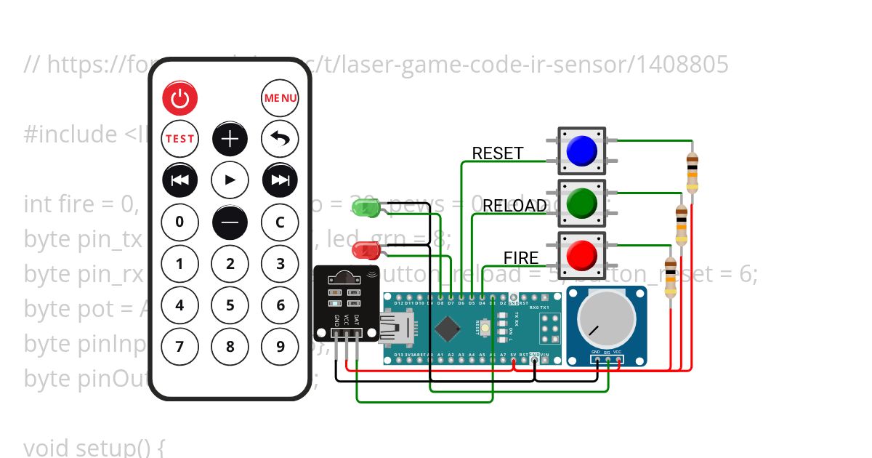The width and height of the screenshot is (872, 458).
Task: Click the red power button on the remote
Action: [x=180, y=98]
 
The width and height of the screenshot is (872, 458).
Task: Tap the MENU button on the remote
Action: [x=280, y=98]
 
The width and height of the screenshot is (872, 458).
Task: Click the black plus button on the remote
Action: [x=230, y=138]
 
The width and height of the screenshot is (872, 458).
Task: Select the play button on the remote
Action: [x=230, y=180]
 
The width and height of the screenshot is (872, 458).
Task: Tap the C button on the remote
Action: [x=280, y=222]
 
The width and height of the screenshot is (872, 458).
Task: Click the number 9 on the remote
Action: [x=280, y=346]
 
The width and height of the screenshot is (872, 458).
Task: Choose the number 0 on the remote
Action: [x=180, y=222]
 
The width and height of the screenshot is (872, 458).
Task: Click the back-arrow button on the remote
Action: [x=280, y=138]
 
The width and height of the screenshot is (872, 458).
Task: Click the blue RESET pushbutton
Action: [x=581, y=150]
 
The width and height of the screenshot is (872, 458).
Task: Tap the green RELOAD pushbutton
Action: [x=581, y=203]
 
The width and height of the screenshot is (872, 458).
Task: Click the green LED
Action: [x=364, y=208]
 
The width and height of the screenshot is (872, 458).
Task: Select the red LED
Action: [x=364, y=251]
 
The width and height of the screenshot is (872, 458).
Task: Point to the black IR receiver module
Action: [x=346, y=302]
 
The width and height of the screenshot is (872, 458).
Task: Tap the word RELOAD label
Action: [x=514, y=206]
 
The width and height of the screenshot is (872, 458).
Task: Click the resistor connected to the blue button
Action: [x=692, y=172]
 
